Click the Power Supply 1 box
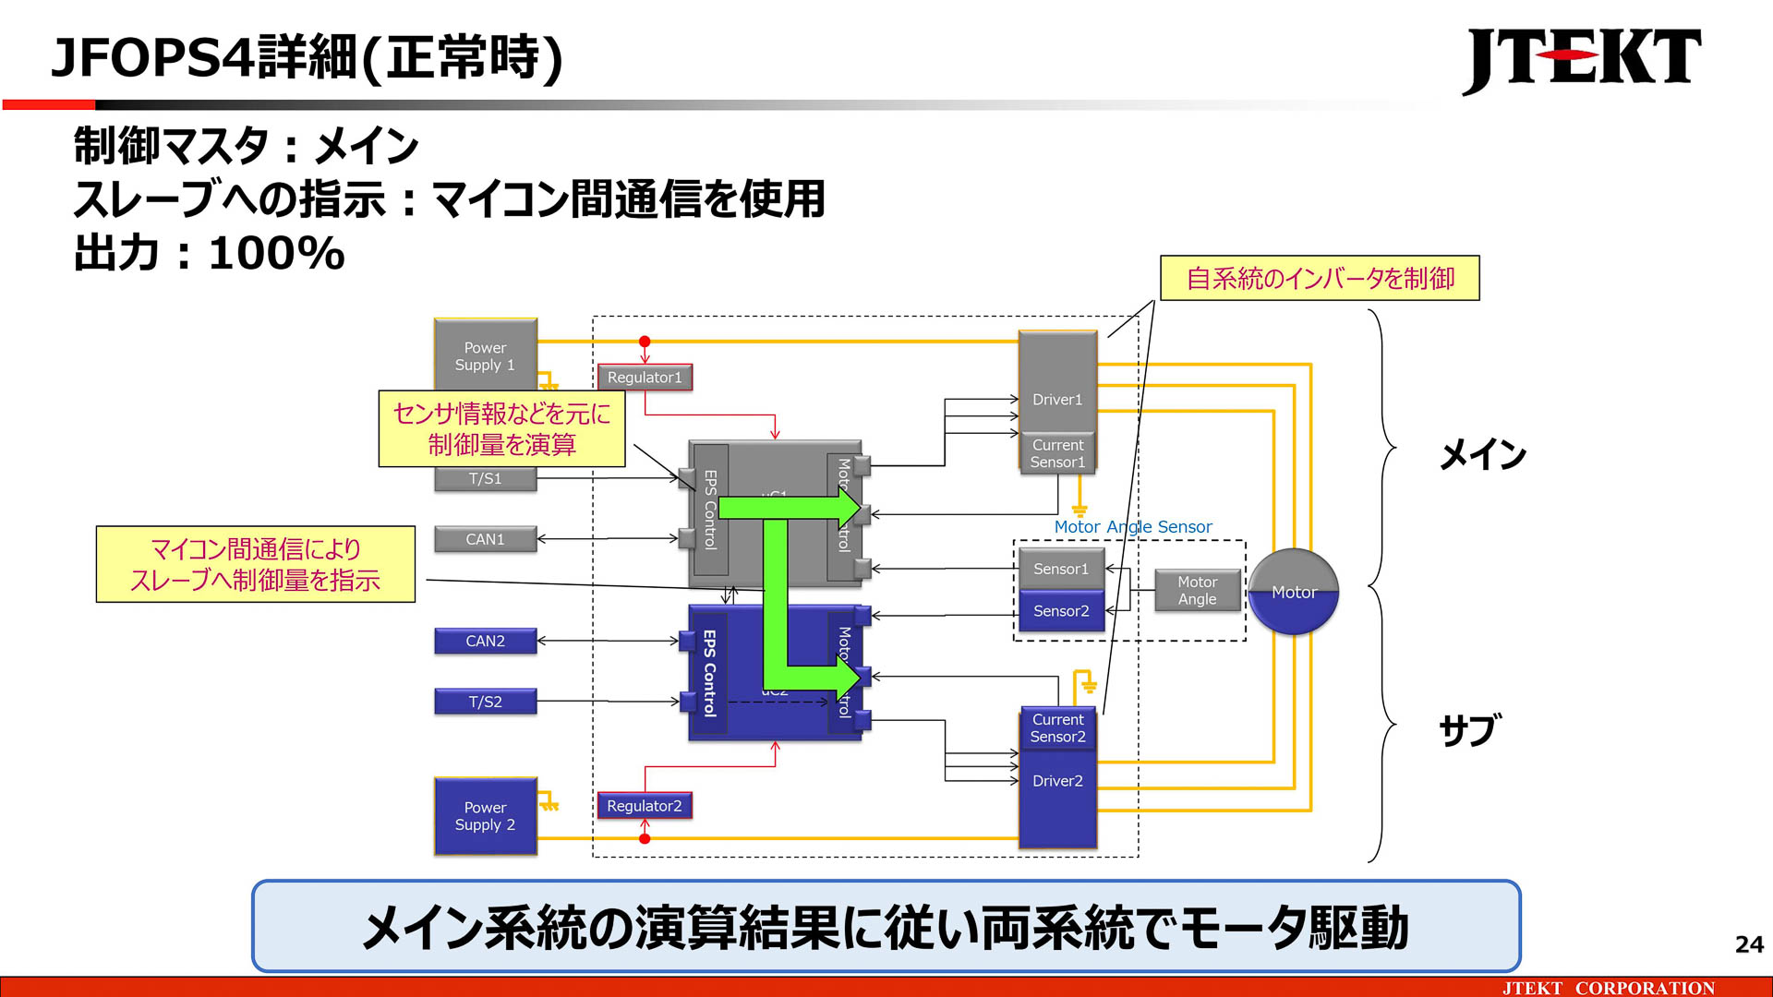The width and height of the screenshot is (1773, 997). click(485, 355)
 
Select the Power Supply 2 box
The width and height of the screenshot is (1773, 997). click(485, 816)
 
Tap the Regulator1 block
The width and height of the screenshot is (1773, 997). click(645, 378)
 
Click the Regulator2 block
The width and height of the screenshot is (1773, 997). click(645, 806)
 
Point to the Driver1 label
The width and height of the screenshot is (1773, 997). click(1057, 400)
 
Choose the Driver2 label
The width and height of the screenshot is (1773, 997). click(1057, 781)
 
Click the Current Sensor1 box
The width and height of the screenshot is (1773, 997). click(1057, 453)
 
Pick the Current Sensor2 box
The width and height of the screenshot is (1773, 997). click(1057, 728)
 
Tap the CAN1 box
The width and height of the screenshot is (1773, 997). click(485, 539)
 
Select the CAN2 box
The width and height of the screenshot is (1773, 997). click(485, 641)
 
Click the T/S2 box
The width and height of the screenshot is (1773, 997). click(485, 702)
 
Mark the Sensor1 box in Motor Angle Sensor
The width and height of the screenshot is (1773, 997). click(1061, 569)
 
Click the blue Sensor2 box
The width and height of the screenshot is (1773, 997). click(1061, 611)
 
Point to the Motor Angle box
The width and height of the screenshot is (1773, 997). click(1197, 591)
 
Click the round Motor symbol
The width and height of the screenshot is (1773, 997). click(1293, 592)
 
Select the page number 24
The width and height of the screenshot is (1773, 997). click(1748, 944)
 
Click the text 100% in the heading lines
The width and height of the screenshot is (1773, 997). click(276, 254)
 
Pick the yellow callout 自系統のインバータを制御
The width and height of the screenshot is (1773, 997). click(1320, 278)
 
